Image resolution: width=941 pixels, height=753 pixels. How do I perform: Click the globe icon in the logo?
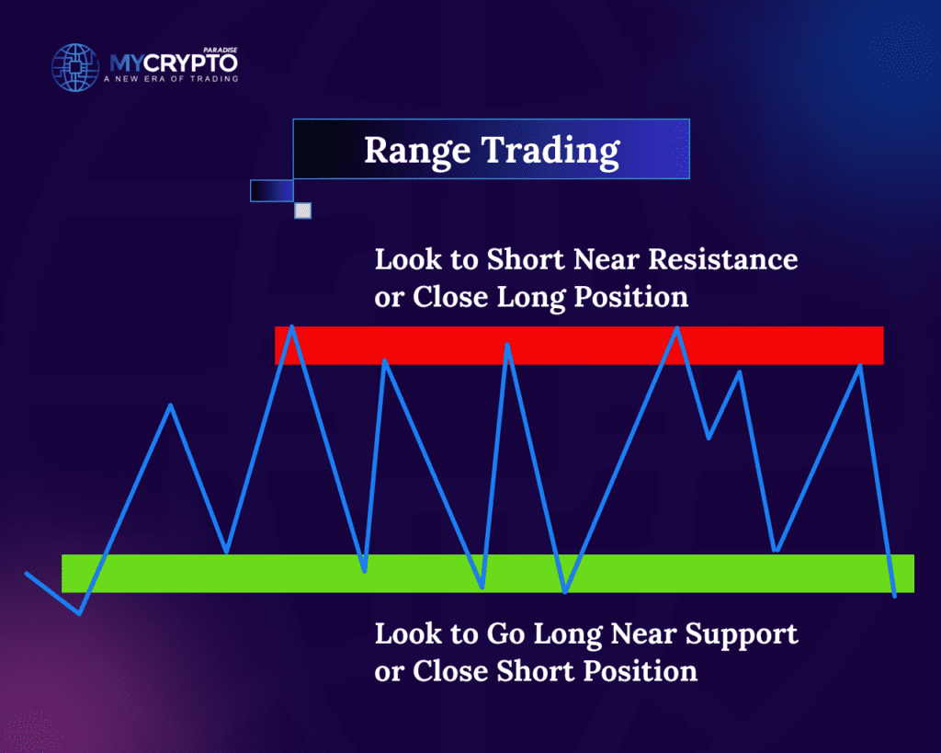75,67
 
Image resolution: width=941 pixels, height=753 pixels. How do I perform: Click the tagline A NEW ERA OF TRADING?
171,79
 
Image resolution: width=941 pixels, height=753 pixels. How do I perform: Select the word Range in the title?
417,152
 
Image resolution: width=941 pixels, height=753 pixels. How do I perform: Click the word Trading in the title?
551,152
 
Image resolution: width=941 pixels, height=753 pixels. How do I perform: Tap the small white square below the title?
303,211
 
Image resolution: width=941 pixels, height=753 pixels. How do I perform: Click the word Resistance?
723,259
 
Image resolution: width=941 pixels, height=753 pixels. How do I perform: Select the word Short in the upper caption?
526,259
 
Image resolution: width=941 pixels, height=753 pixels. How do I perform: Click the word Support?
742,635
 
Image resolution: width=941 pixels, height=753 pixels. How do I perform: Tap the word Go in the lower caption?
505,633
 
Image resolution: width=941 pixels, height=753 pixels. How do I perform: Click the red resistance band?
579,346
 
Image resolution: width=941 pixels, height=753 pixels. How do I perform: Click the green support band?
488,574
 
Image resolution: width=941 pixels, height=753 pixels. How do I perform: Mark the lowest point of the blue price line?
79,613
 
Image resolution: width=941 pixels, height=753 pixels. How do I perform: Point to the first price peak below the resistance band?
171,405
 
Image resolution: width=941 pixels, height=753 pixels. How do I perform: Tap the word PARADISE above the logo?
221,50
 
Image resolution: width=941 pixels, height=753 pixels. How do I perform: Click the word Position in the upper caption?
631,297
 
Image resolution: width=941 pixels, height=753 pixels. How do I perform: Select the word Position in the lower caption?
641,671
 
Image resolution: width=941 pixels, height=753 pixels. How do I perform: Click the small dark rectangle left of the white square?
272,191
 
